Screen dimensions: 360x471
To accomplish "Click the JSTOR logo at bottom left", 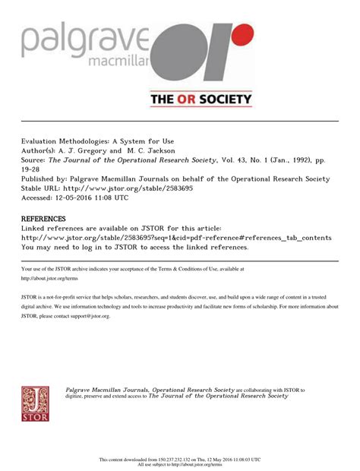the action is click(35, 402).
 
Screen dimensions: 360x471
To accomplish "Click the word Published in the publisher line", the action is click(43, 179).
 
